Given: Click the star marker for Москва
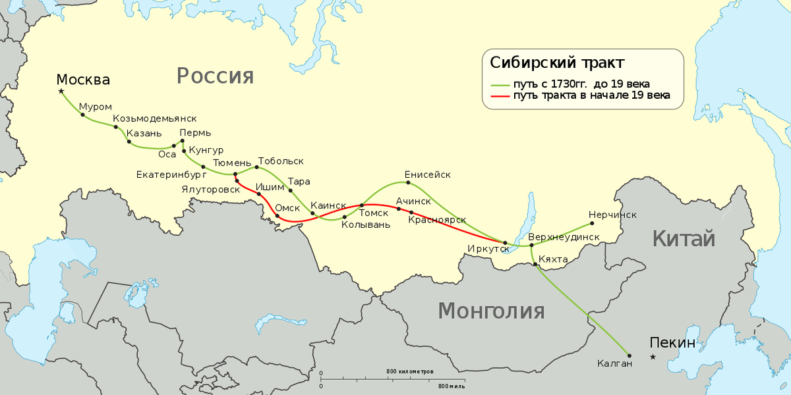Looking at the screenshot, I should click(61, 92).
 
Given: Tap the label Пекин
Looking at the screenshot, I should click(672, 342).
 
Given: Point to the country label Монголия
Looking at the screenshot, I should click(491, 310).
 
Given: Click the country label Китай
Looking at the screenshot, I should click(684, 238).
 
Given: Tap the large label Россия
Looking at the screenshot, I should click(215, 76).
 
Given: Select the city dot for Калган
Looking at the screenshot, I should click(629, 355).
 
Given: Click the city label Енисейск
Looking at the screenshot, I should click(427, 174).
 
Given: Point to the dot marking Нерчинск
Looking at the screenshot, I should click(611, 223).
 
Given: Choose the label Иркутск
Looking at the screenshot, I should click(488, 248).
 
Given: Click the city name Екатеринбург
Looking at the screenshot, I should click(171, 175).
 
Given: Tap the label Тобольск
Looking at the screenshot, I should click(281, 161).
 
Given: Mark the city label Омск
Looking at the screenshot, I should click(288, 207).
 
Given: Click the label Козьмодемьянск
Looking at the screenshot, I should click(155, 118).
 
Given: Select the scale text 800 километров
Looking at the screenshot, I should click(410, 372).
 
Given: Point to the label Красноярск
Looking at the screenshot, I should click(437, 219).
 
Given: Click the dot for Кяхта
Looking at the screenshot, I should click(535, 265).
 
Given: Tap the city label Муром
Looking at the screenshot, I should click(96, 106).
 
